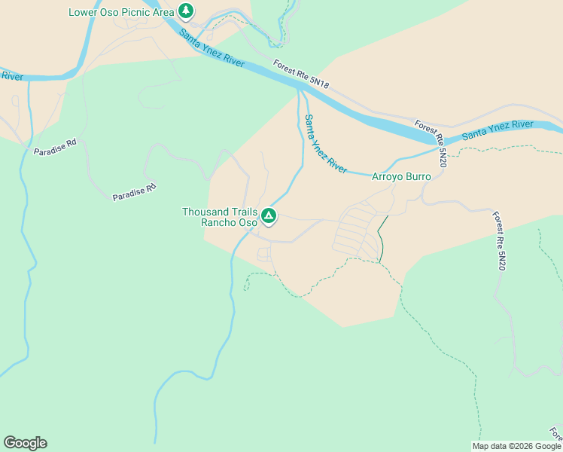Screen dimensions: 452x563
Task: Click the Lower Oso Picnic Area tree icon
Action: coord(186,11)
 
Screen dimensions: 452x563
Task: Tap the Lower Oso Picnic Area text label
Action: coord(121,12)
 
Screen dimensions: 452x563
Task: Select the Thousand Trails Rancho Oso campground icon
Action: coord(269,217)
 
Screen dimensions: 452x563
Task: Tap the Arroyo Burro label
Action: coord(401,177)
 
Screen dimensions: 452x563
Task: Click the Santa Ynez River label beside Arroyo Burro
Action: coord(325,144)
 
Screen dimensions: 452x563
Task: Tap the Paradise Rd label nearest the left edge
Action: coord(55,146)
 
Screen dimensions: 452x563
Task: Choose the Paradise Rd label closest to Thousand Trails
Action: coord(134,191)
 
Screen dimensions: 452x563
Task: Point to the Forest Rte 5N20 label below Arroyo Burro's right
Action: coord(500,241)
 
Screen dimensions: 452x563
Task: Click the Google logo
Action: coord(25,443)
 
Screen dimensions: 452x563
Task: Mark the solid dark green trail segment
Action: coord(382,240)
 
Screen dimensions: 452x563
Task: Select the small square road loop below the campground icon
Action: coord(264,255)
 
